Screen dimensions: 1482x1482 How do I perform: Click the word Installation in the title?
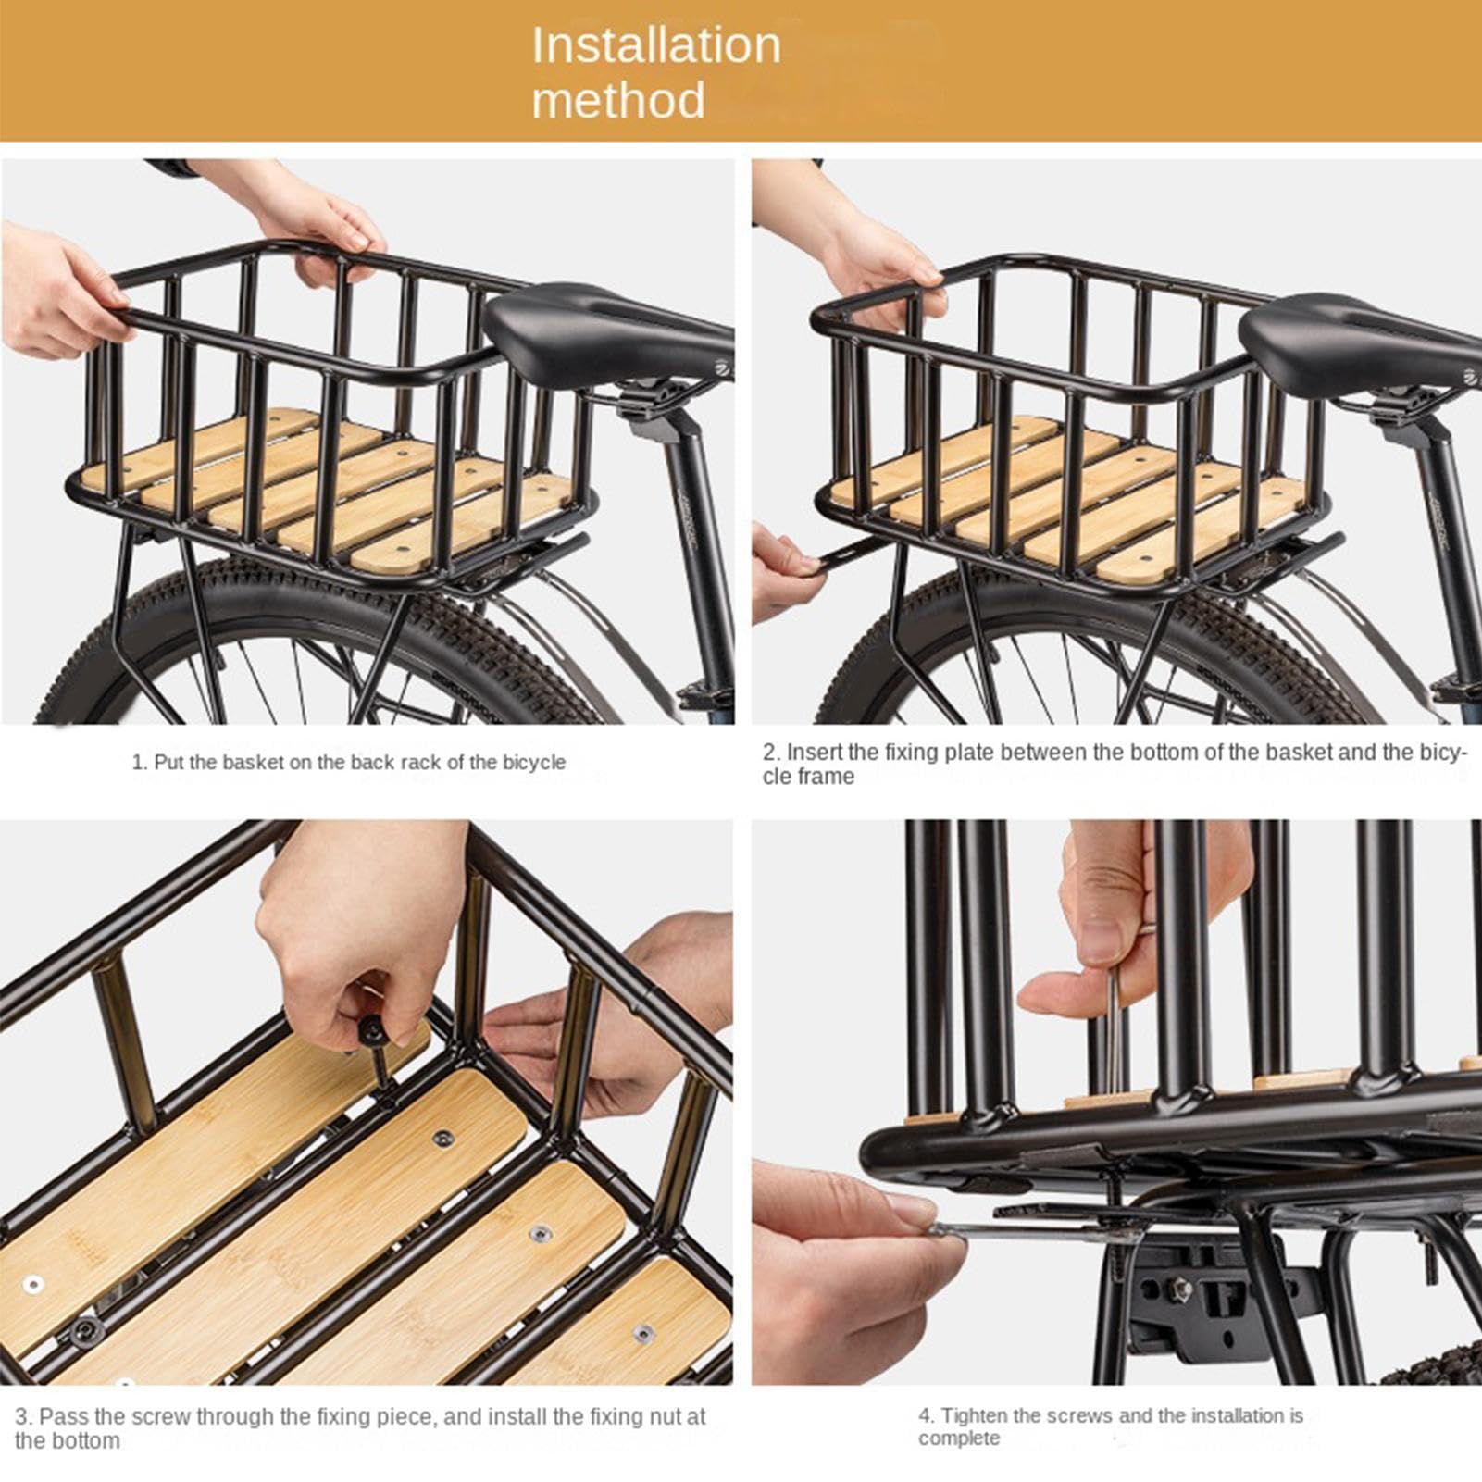click(x=656, y=45)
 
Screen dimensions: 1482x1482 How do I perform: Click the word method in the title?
click(x=618, y=100)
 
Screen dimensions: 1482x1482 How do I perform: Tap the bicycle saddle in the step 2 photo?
click(x=1361, y=338)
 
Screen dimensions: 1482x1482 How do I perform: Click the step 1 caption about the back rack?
click(x=348, y=763)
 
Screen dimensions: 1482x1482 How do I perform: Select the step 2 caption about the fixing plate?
click(x=1115, y=765)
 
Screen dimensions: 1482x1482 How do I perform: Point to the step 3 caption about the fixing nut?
click(x=360, y=1428)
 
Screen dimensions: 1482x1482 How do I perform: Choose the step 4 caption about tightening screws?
click(x=1111, y=1426)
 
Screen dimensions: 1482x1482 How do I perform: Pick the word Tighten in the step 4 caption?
click(x=977, y=1416)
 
